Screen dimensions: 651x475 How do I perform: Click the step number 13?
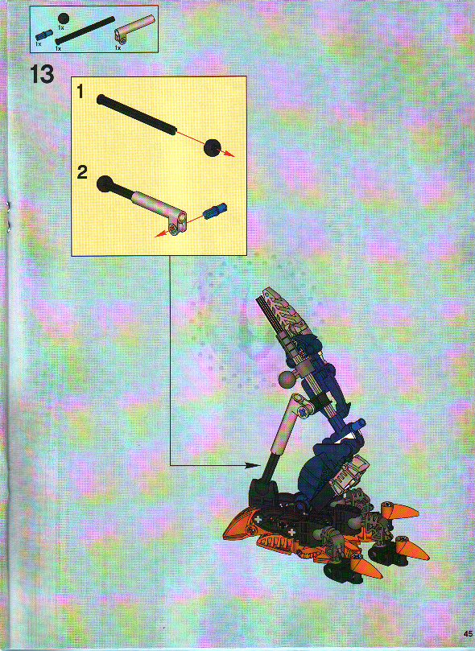[41, 74]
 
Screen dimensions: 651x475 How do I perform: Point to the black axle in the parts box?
[85, 32]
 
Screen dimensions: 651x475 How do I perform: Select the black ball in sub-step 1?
[212, 146]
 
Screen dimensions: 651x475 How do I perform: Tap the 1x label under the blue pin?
[38, 43]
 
